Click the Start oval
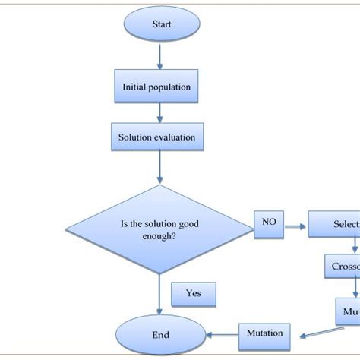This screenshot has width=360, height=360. [160, 24]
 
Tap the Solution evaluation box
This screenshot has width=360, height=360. [157, 138]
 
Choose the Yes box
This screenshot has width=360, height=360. [193, 293]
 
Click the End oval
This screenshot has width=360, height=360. [160, 333]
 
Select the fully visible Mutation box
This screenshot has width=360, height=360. [264, 333]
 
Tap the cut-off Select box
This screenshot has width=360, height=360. [334, 225]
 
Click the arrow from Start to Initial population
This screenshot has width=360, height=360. [160, 55]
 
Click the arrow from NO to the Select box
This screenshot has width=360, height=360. [295, 225]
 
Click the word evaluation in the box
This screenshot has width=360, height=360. [175, 138]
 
